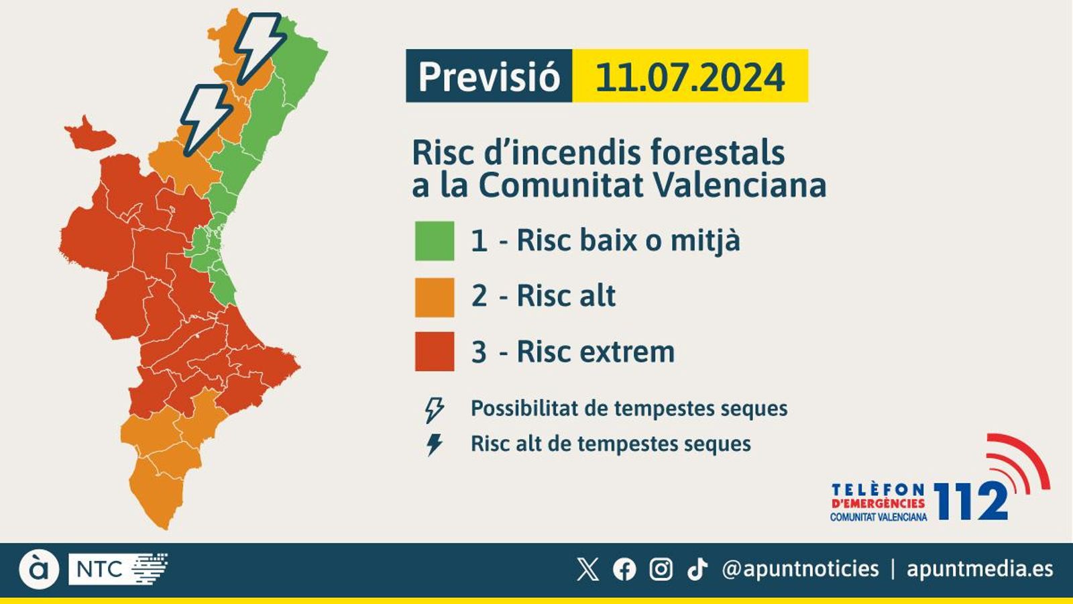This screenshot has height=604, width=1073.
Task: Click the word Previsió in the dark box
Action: click(489, 77)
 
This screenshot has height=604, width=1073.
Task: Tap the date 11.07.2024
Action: click(689, 77)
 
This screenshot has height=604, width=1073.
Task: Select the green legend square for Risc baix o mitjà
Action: click(435, 240)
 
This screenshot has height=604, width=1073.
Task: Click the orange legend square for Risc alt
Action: click(435, 297)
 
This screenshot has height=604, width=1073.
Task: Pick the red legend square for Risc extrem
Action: click(435, 351)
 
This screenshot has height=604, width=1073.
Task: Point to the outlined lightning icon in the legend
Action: click(435, 409)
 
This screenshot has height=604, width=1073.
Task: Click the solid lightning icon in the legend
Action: click(435, 444)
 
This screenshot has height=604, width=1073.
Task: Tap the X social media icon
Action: click(587, 569)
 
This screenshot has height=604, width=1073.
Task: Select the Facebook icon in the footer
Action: click(624, 569)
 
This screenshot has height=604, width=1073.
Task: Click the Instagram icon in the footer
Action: click(661, 569)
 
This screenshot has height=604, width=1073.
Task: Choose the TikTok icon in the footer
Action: click(697, 569)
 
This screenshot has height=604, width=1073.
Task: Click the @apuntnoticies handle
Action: click(800, 569)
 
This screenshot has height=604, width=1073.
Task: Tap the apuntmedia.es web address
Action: click(980, 569)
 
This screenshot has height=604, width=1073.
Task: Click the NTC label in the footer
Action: click(99, 569)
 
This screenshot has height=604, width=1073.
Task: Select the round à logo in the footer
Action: click(39, 569)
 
